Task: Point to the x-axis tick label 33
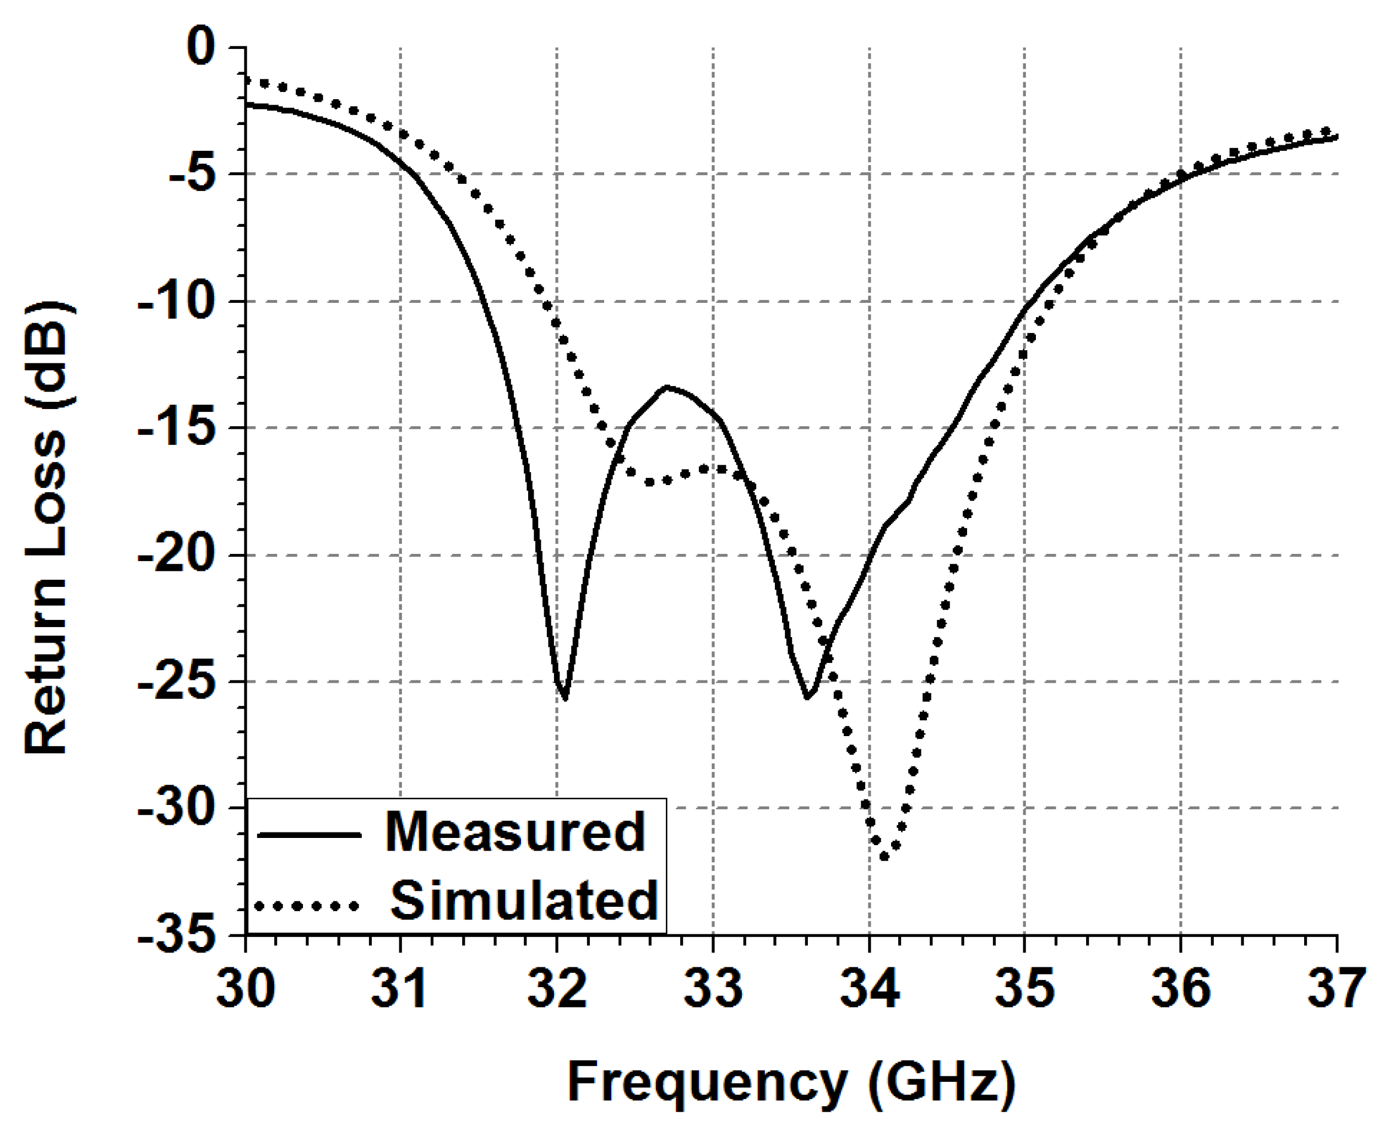(x=713, y=988)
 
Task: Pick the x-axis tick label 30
(x=246, y=988)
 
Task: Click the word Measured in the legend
(x=515, y=833)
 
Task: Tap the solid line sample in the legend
(x=308, y=835)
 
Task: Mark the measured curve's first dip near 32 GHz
(x=565, y=698)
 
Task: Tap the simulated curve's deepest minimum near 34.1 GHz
(x=884, y=856)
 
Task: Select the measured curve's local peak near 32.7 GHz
(x=667, y=387)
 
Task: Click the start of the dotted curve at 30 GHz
(x=247, y=80)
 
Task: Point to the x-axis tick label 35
(x=1024, y=988)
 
